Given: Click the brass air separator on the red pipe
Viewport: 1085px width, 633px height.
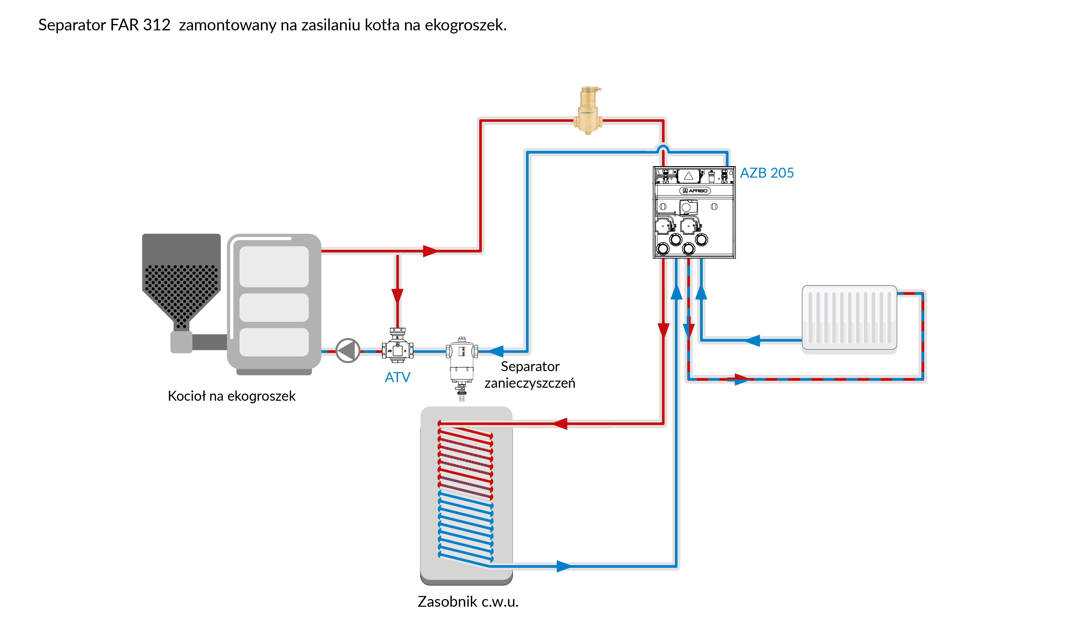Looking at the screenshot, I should click(588, 111).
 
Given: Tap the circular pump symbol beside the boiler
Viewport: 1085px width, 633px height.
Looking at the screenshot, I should click(348, 351).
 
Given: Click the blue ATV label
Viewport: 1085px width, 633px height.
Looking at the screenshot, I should click(397, 377).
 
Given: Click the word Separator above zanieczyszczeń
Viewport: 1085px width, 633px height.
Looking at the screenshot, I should click(530, 367).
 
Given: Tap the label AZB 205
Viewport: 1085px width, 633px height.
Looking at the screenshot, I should click(767, 173).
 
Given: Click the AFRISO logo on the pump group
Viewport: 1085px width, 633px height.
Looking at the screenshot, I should click(695, 191).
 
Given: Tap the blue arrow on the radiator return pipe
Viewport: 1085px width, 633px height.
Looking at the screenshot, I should click(753, 340).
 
